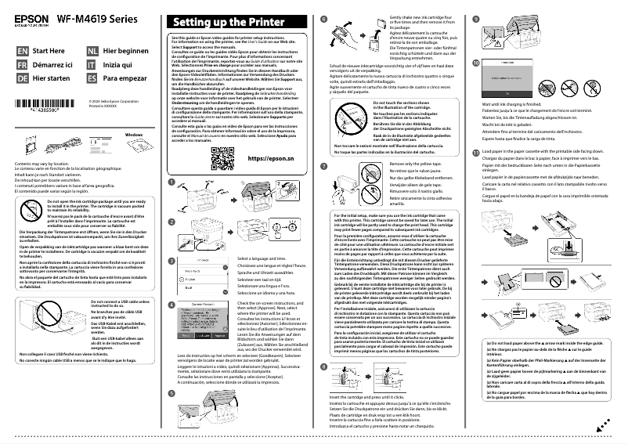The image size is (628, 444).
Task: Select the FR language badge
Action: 22,64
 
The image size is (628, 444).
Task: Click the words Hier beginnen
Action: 126,50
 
